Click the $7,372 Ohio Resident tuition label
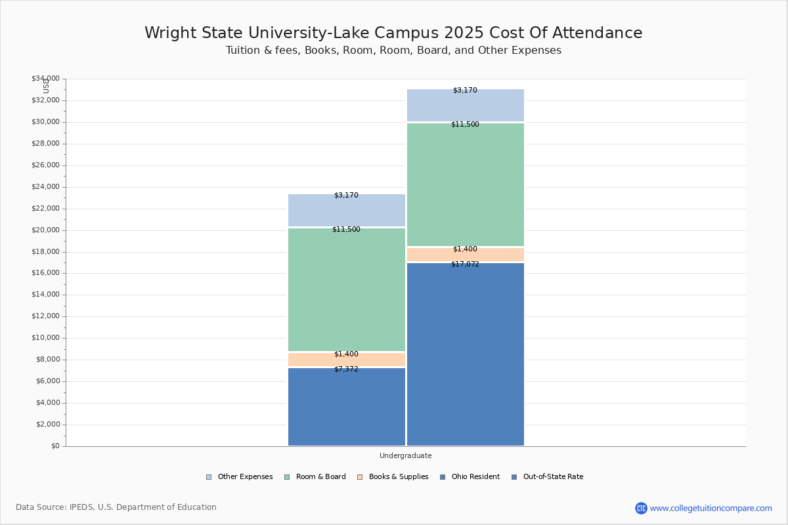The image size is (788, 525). pos(346,369)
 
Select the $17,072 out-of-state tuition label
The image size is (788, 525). pos(465,264)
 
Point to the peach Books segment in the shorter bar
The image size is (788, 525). pos(347,360)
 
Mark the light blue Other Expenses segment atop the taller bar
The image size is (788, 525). pos(465,105)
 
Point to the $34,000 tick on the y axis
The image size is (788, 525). pos(45,79)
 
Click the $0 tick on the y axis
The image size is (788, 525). pos(55,446)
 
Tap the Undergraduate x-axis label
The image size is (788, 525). pos(405,455)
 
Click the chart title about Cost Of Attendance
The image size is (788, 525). pos(393,33)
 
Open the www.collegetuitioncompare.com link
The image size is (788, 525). pos(711,508)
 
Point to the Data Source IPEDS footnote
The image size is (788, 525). pos(116,507)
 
